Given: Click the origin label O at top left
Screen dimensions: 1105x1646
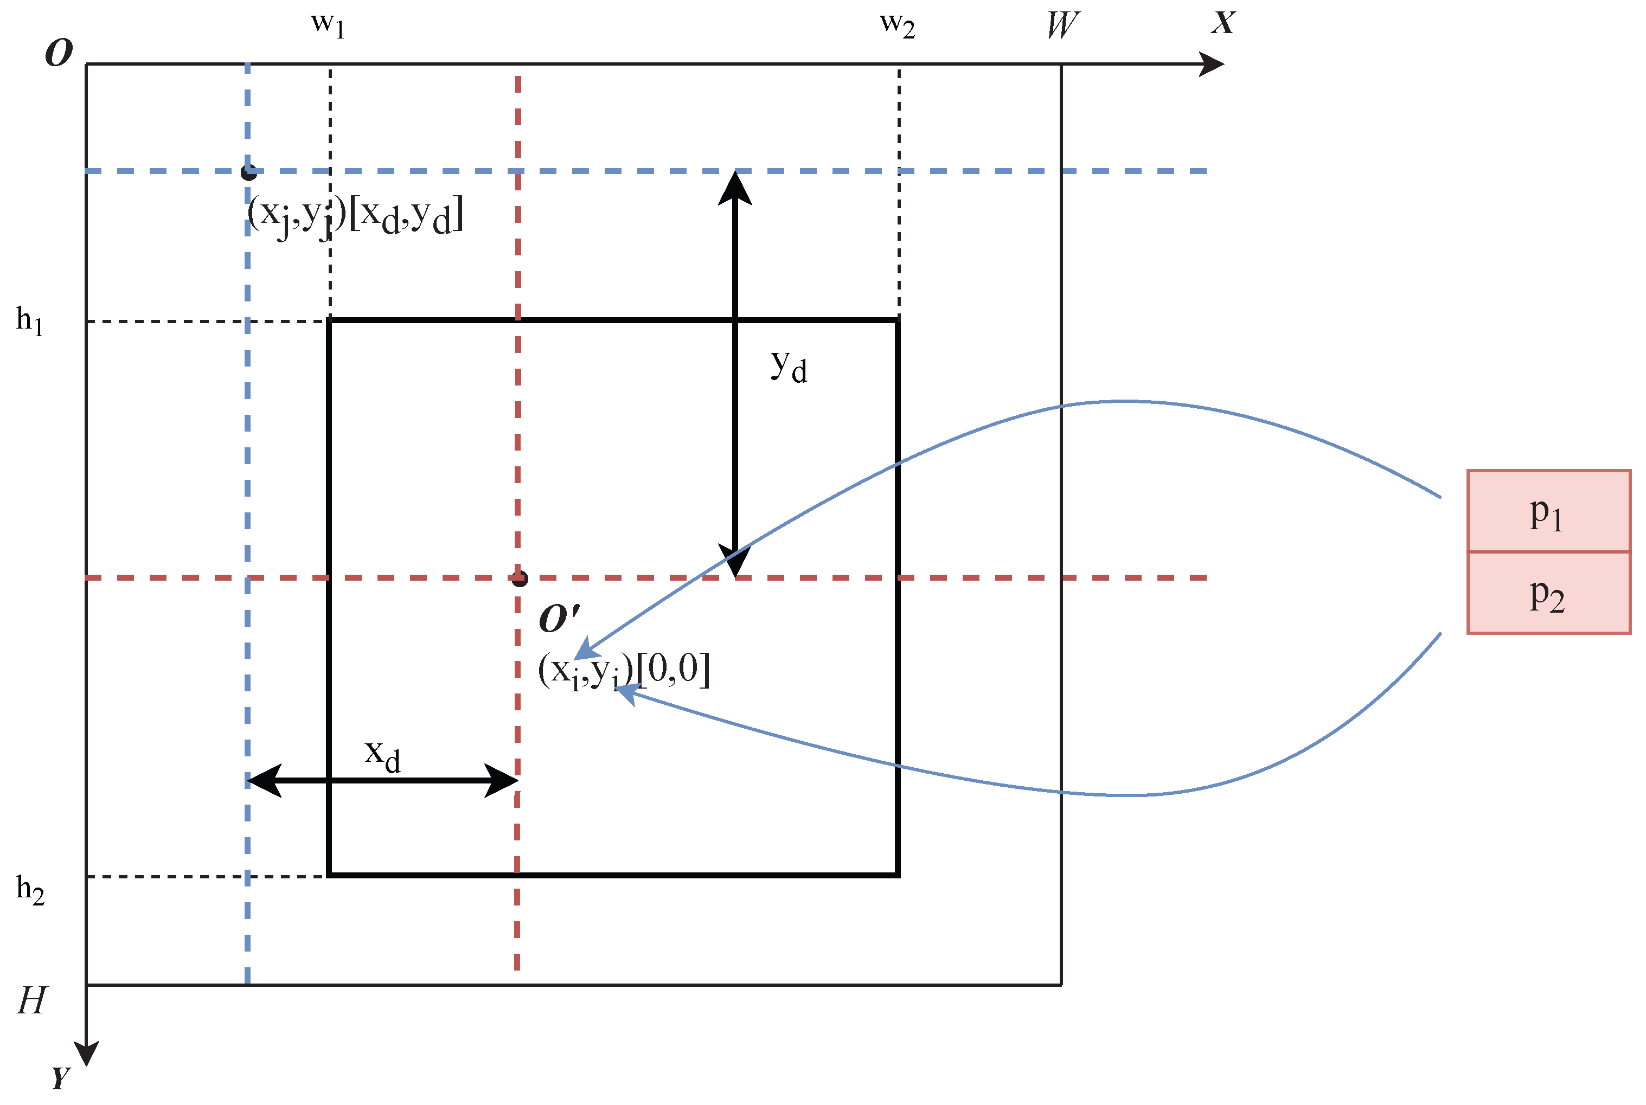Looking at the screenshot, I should (x=59, y=53).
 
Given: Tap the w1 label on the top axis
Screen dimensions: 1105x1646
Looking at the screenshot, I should (x=328, y=25).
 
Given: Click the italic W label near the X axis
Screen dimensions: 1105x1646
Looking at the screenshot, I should (x=1061, y=25).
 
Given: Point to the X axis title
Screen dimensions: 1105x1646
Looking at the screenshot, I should (x=1224, y=23).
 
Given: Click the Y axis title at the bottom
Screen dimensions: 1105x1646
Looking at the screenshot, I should (x=61, y=1077).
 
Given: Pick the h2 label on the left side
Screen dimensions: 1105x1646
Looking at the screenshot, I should (x=30, y=890).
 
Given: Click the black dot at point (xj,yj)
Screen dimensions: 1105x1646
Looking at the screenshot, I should (x=248, y=172).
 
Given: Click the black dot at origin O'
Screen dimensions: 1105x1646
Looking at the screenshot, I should (x=520, y=579).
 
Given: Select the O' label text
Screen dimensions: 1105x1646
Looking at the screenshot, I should (x=559, y=618).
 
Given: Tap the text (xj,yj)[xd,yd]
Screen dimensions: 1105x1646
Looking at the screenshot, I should (x=356, y=215).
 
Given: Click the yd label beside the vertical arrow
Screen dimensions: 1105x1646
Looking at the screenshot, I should (x=789, y=367).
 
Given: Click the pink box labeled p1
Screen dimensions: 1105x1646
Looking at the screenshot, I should (x=1548, y=512).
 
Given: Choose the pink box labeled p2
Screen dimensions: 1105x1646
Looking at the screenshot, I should (x=1548, y=593).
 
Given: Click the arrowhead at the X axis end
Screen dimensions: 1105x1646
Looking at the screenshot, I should (x=1213, y=64).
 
